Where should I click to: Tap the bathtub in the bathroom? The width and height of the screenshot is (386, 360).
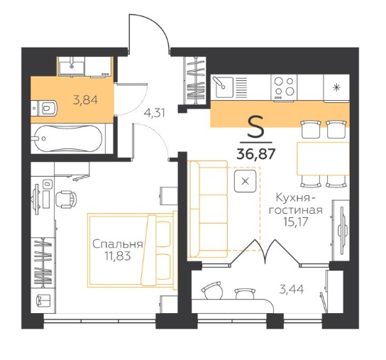pyautogui.click(x=67, y=138)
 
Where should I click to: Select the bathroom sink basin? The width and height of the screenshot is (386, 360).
pyautogui.click(x=72, y=66)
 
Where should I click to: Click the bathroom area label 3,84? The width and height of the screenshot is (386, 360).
pyautogui.click(x=85, y=100)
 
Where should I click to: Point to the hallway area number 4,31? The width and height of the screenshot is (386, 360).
pyautogui.click(x=155, y=113)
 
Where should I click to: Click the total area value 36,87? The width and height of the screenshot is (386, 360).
pyautogui.click(x=255, y=154)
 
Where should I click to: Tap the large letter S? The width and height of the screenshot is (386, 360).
pyautogui.click(x=255, y=127)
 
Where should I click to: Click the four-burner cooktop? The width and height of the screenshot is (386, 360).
pyautogui.click(x=284, y=88)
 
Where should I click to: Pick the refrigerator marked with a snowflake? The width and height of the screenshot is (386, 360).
pyautogui.click(x=336, y=88)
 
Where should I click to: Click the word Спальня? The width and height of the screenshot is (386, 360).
pyautogui.click(x=117, y=244)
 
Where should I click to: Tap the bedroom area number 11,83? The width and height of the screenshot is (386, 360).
pyautogui.click(x=117, y=256)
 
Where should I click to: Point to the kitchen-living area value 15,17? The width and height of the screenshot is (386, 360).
pyautogui.click(x=295, y=222)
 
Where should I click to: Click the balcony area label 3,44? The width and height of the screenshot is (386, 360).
pyautogui.click(x=292, y=289)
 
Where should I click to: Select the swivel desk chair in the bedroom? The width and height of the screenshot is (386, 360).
pyautogui.click(x=66, y=199)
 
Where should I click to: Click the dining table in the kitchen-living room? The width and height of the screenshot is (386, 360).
pyautogui.click(x=324, y=158)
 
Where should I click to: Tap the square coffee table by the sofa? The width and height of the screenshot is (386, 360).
pyautogui.click(x=245, y=181)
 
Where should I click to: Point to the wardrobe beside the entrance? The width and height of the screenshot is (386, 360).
pyautogui.click(x=195, y=80)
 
